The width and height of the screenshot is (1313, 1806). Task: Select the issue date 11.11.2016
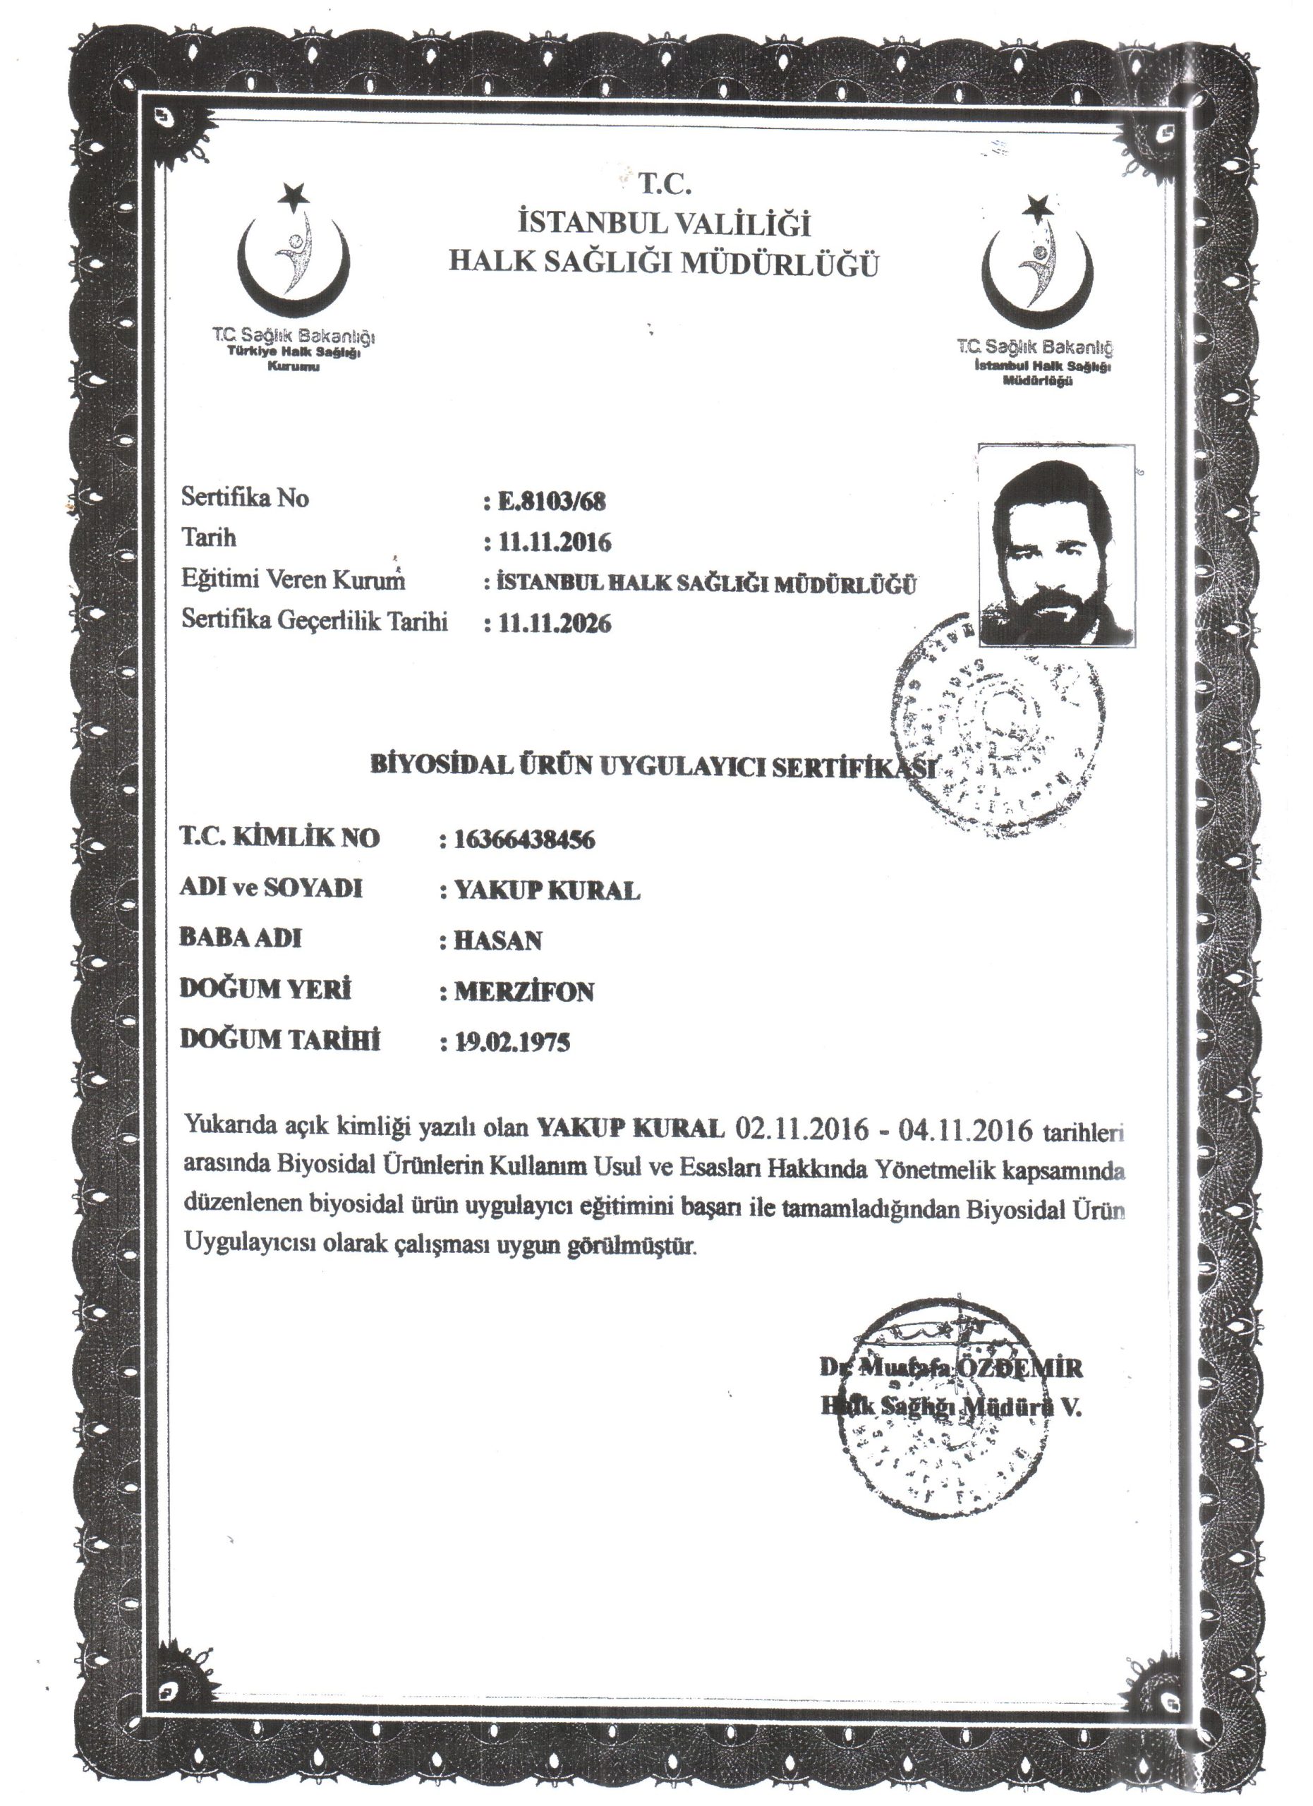point(554,543)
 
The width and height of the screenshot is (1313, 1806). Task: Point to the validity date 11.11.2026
point(554,623)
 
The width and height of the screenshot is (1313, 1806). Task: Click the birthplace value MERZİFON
point(524,991)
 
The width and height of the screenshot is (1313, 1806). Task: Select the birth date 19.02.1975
point(512,1043)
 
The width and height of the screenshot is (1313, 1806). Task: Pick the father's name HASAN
point(497,940)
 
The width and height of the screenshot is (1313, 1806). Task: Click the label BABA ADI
point(241,938)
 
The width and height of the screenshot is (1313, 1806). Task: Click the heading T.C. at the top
point(665,185)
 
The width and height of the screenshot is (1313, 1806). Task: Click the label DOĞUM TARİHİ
point(280,1040)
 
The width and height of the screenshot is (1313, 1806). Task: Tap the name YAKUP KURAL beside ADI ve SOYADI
point(547,890)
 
